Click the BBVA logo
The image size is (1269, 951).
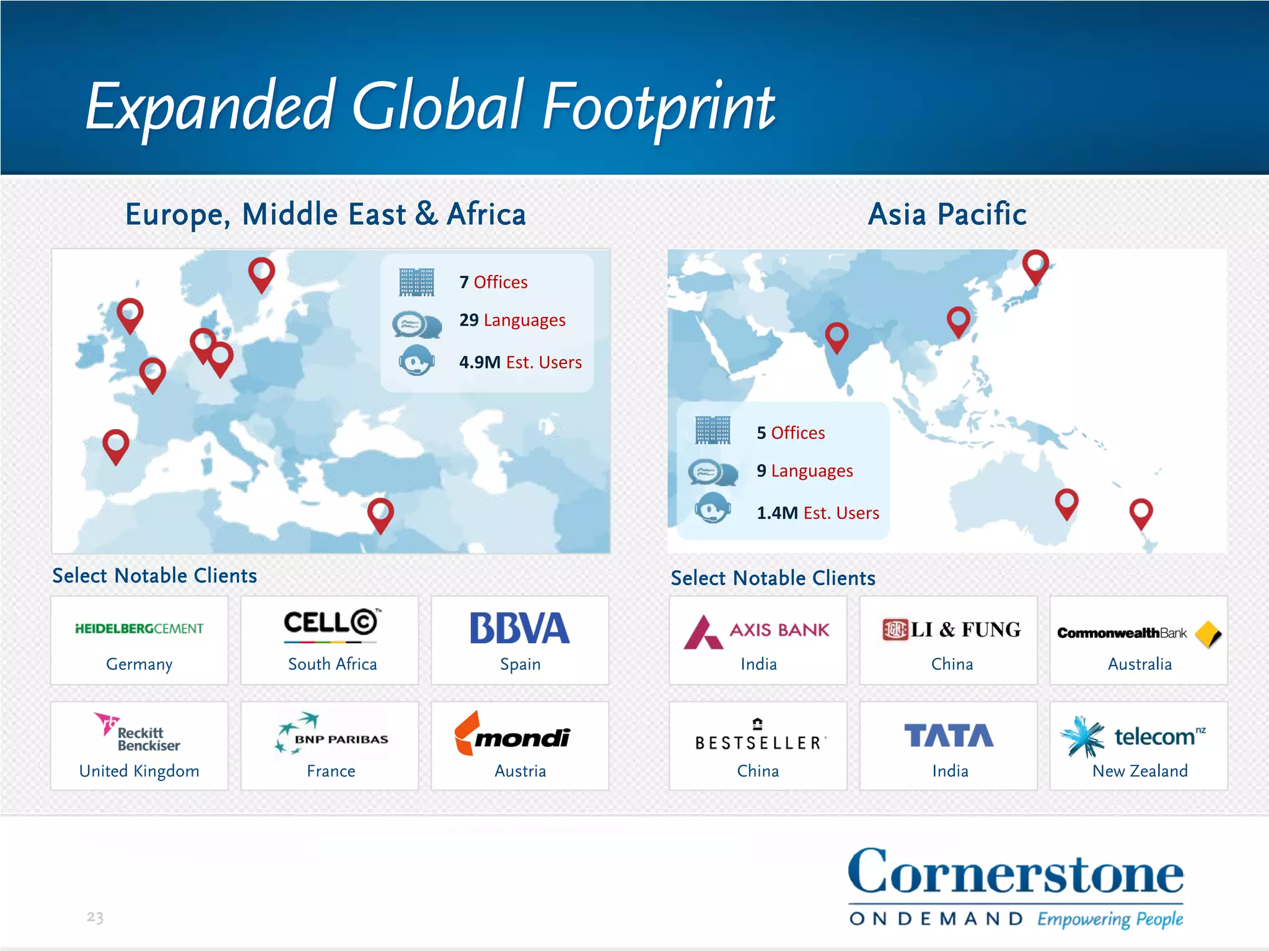[x=519, y=628]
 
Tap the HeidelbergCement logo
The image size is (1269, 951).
[x=139, y=629]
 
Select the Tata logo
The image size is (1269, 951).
[x=949, y=736]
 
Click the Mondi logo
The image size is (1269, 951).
[x=513, y=735]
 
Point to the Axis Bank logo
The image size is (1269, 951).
[x=757, y=632]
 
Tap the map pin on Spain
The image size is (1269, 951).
[x=116, y=444]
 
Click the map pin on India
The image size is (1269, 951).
[x=836, y=336]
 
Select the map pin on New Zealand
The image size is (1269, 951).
[x=1141, y=512]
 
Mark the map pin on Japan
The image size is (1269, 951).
[x=1035, y=264]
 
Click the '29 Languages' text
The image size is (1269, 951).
[x=512, y=320]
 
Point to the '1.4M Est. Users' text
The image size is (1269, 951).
[x=817, y=513]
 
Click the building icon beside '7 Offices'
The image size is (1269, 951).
[x=416, y=282]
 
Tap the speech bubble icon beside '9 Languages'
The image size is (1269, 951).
[x=713, y=472]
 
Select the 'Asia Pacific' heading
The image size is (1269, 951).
[x=947, y=214]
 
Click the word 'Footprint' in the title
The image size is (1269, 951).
[x=658, y=108]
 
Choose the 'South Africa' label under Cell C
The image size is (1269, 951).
[x=332, y=664]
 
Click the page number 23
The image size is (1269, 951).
[x=95, y=917]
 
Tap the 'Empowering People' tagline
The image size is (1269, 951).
[x=1110, y=919]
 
